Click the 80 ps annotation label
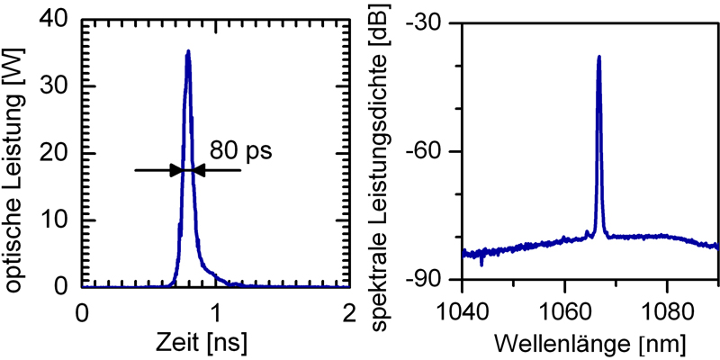pos(240,149)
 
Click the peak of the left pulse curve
pos(188,51)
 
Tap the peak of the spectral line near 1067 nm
pos(598,57)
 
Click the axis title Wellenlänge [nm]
pos(582,344)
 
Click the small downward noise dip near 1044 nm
pos(482,264)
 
